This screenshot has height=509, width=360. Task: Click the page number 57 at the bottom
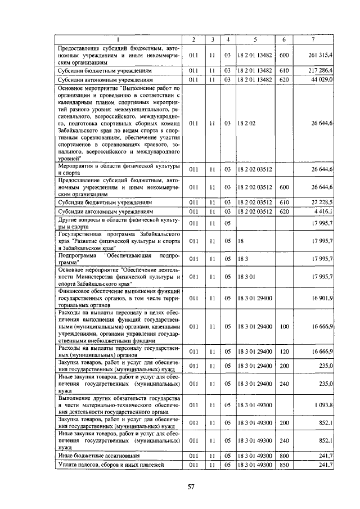(x=191, y=487)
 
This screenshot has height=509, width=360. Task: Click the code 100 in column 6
(x=284, y=326)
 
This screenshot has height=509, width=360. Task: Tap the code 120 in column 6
(x=284, y=352)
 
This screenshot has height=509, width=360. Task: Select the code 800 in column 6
(x=284, y=455)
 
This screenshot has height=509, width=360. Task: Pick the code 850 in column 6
(x=284, y=465)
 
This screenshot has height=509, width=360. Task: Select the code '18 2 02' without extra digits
(x=246, y=123)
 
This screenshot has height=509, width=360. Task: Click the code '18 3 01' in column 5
(x=246, y=276)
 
